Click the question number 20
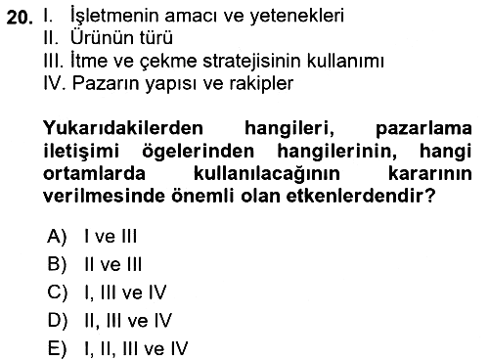(20, 18)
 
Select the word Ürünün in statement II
(98, 37)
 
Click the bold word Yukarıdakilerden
(123, 128)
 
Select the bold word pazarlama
(423, 129)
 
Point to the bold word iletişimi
(81, 152)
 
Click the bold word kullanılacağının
(267, 173)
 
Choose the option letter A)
(57, 236)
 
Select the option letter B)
(57, 264)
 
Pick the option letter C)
(58, 292)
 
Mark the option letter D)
(58, 320)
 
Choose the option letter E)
(57, 348)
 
